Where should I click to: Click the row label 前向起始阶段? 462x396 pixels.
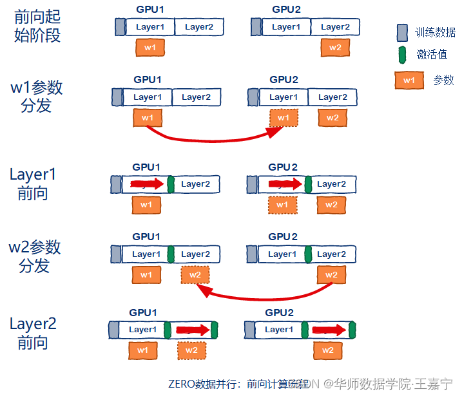coord(37,26)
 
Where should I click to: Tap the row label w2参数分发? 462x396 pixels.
coord(35,256)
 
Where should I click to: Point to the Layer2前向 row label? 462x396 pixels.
coord(33,333)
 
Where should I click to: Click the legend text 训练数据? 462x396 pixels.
coord(436,33)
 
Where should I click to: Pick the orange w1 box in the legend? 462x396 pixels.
coord(409,80)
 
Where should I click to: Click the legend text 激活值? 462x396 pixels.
coord(432,55)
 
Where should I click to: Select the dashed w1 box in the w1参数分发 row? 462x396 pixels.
coord(284,118)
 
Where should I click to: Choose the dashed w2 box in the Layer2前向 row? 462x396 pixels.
coord(191,350)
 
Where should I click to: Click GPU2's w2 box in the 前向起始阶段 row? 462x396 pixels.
coord(335,47)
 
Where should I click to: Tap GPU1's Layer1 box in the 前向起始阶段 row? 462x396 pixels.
coord(149,27)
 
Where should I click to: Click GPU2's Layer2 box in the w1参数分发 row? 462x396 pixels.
coord(332,97)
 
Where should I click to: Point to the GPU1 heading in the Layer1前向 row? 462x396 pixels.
coord(146,167)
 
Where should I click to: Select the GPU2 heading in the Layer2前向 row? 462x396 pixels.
coord(278,313)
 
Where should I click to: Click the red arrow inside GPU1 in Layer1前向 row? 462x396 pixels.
coord(147,185)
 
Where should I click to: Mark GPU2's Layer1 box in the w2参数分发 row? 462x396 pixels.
coord(282,254)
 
